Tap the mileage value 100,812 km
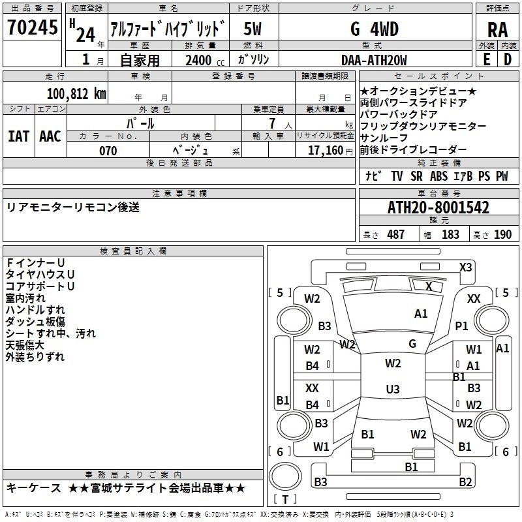coord(76,93)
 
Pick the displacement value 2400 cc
coord(198,60)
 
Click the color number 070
coord(108,151)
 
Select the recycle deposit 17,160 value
coord(324,151)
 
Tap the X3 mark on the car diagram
coord(466,267)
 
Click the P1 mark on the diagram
coord(462,326)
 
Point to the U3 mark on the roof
coord(392,390)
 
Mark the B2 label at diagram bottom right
coord(465,482)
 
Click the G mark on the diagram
coord(412,343)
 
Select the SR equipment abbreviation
coord(416,176)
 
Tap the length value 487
coord(396,234)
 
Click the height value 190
coord(502,234)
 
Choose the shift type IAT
coord(18,136)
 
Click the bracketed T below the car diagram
coord(285,500)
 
